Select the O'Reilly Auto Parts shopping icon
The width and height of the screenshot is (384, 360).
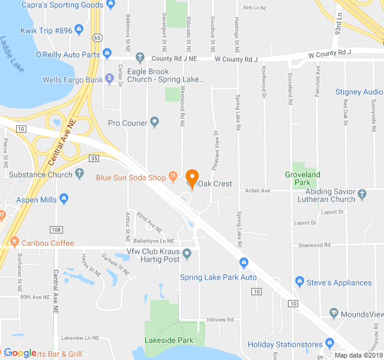(x=107, y=54)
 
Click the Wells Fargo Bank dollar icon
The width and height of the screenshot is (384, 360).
(x=109, y=78)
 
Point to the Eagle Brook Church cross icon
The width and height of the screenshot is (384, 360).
(x=140, y=58)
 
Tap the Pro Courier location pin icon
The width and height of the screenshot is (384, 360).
(x=155, y=123)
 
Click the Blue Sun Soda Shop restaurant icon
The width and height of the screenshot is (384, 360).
(x=173, y=177)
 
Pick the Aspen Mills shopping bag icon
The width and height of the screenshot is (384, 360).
(x=64, y=199)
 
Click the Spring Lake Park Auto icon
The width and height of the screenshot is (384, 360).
(x=244, y=262)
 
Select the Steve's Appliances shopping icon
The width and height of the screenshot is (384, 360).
(x=299, y=282)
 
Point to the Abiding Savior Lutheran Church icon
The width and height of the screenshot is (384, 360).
(x=362, y=194)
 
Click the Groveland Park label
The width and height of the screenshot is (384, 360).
(x=302, y=178)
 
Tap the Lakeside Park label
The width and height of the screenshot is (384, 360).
(x=169, y=340)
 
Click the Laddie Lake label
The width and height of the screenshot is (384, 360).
(x=12, y=55)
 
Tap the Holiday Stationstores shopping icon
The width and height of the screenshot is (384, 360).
(x=329, y=344)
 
